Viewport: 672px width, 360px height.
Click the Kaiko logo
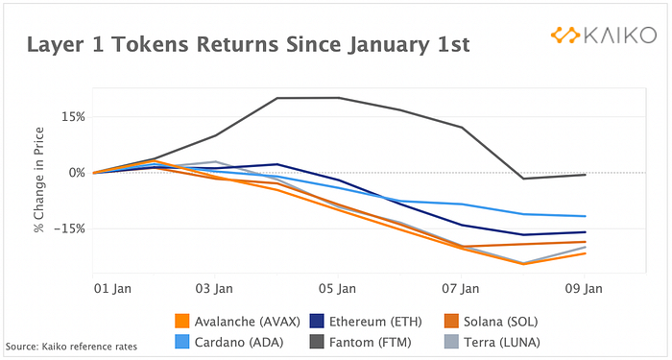604,36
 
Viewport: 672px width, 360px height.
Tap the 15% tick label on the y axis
74,117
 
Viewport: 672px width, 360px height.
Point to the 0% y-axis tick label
77,173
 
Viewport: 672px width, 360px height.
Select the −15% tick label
70,228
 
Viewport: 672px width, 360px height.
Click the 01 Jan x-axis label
112,288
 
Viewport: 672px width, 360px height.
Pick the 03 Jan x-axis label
214,288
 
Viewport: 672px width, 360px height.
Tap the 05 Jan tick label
337,288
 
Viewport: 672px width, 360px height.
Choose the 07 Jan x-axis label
461,288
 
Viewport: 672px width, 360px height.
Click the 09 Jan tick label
584,288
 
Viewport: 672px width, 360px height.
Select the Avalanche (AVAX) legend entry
238,322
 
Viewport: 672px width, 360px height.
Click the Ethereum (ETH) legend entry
366,322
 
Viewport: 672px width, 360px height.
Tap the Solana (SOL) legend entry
491,322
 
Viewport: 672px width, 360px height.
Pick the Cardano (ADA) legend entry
229,342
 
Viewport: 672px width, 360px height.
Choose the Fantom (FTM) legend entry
360,342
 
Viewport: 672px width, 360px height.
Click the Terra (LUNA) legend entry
492,342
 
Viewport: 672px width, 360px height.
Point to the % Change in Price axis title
39,180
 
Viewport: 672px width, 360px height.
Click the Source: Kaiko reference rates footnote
71,347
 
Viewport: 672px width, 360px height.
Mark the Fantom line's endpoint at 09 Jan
585,175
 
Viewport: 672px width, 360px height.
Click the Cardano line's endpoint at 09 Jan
585,216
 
